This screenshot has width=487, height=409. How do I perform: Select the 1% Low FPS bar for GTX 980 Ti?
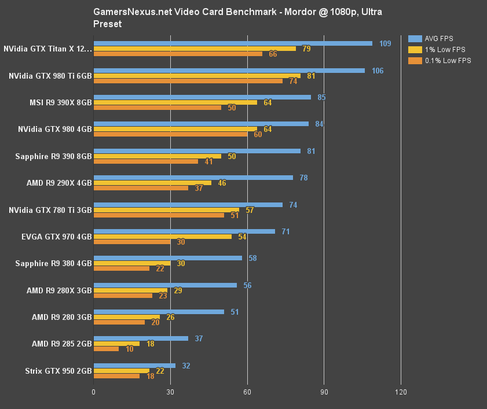197,76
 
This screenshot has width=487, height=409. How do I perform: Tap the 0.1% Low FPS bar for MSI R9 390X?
158,108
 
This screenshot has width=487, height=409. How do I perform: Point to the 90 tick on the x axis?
324,392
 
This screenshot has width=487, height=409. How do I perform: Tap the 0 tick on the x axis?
94,392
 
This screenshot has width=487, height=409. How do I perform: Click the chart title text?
237,18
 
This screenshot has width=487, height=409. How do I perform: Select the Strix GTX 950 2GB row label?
58,371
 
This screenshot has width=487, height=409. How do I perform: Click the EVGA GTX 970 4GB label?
56,237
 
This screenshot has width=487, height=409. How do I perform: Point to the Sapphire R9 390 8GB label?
53,156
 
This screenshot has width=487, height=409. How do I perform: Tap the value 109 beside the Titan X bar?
385,43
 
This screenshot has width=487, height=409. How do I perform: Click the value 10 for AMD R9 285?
129,349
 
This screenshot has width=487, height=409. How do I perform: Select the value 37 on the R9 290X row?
199,188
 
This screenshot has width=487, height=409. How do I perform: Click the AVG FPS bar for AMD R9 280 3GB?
159,312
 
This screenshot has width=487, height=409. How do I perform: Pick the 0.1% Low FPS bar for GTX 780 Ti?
159,215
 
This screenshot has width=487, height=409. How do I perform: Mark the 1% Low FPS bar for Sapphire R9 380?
132,263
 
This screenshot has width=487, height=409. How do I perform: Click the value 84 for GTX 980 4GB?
319,124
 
